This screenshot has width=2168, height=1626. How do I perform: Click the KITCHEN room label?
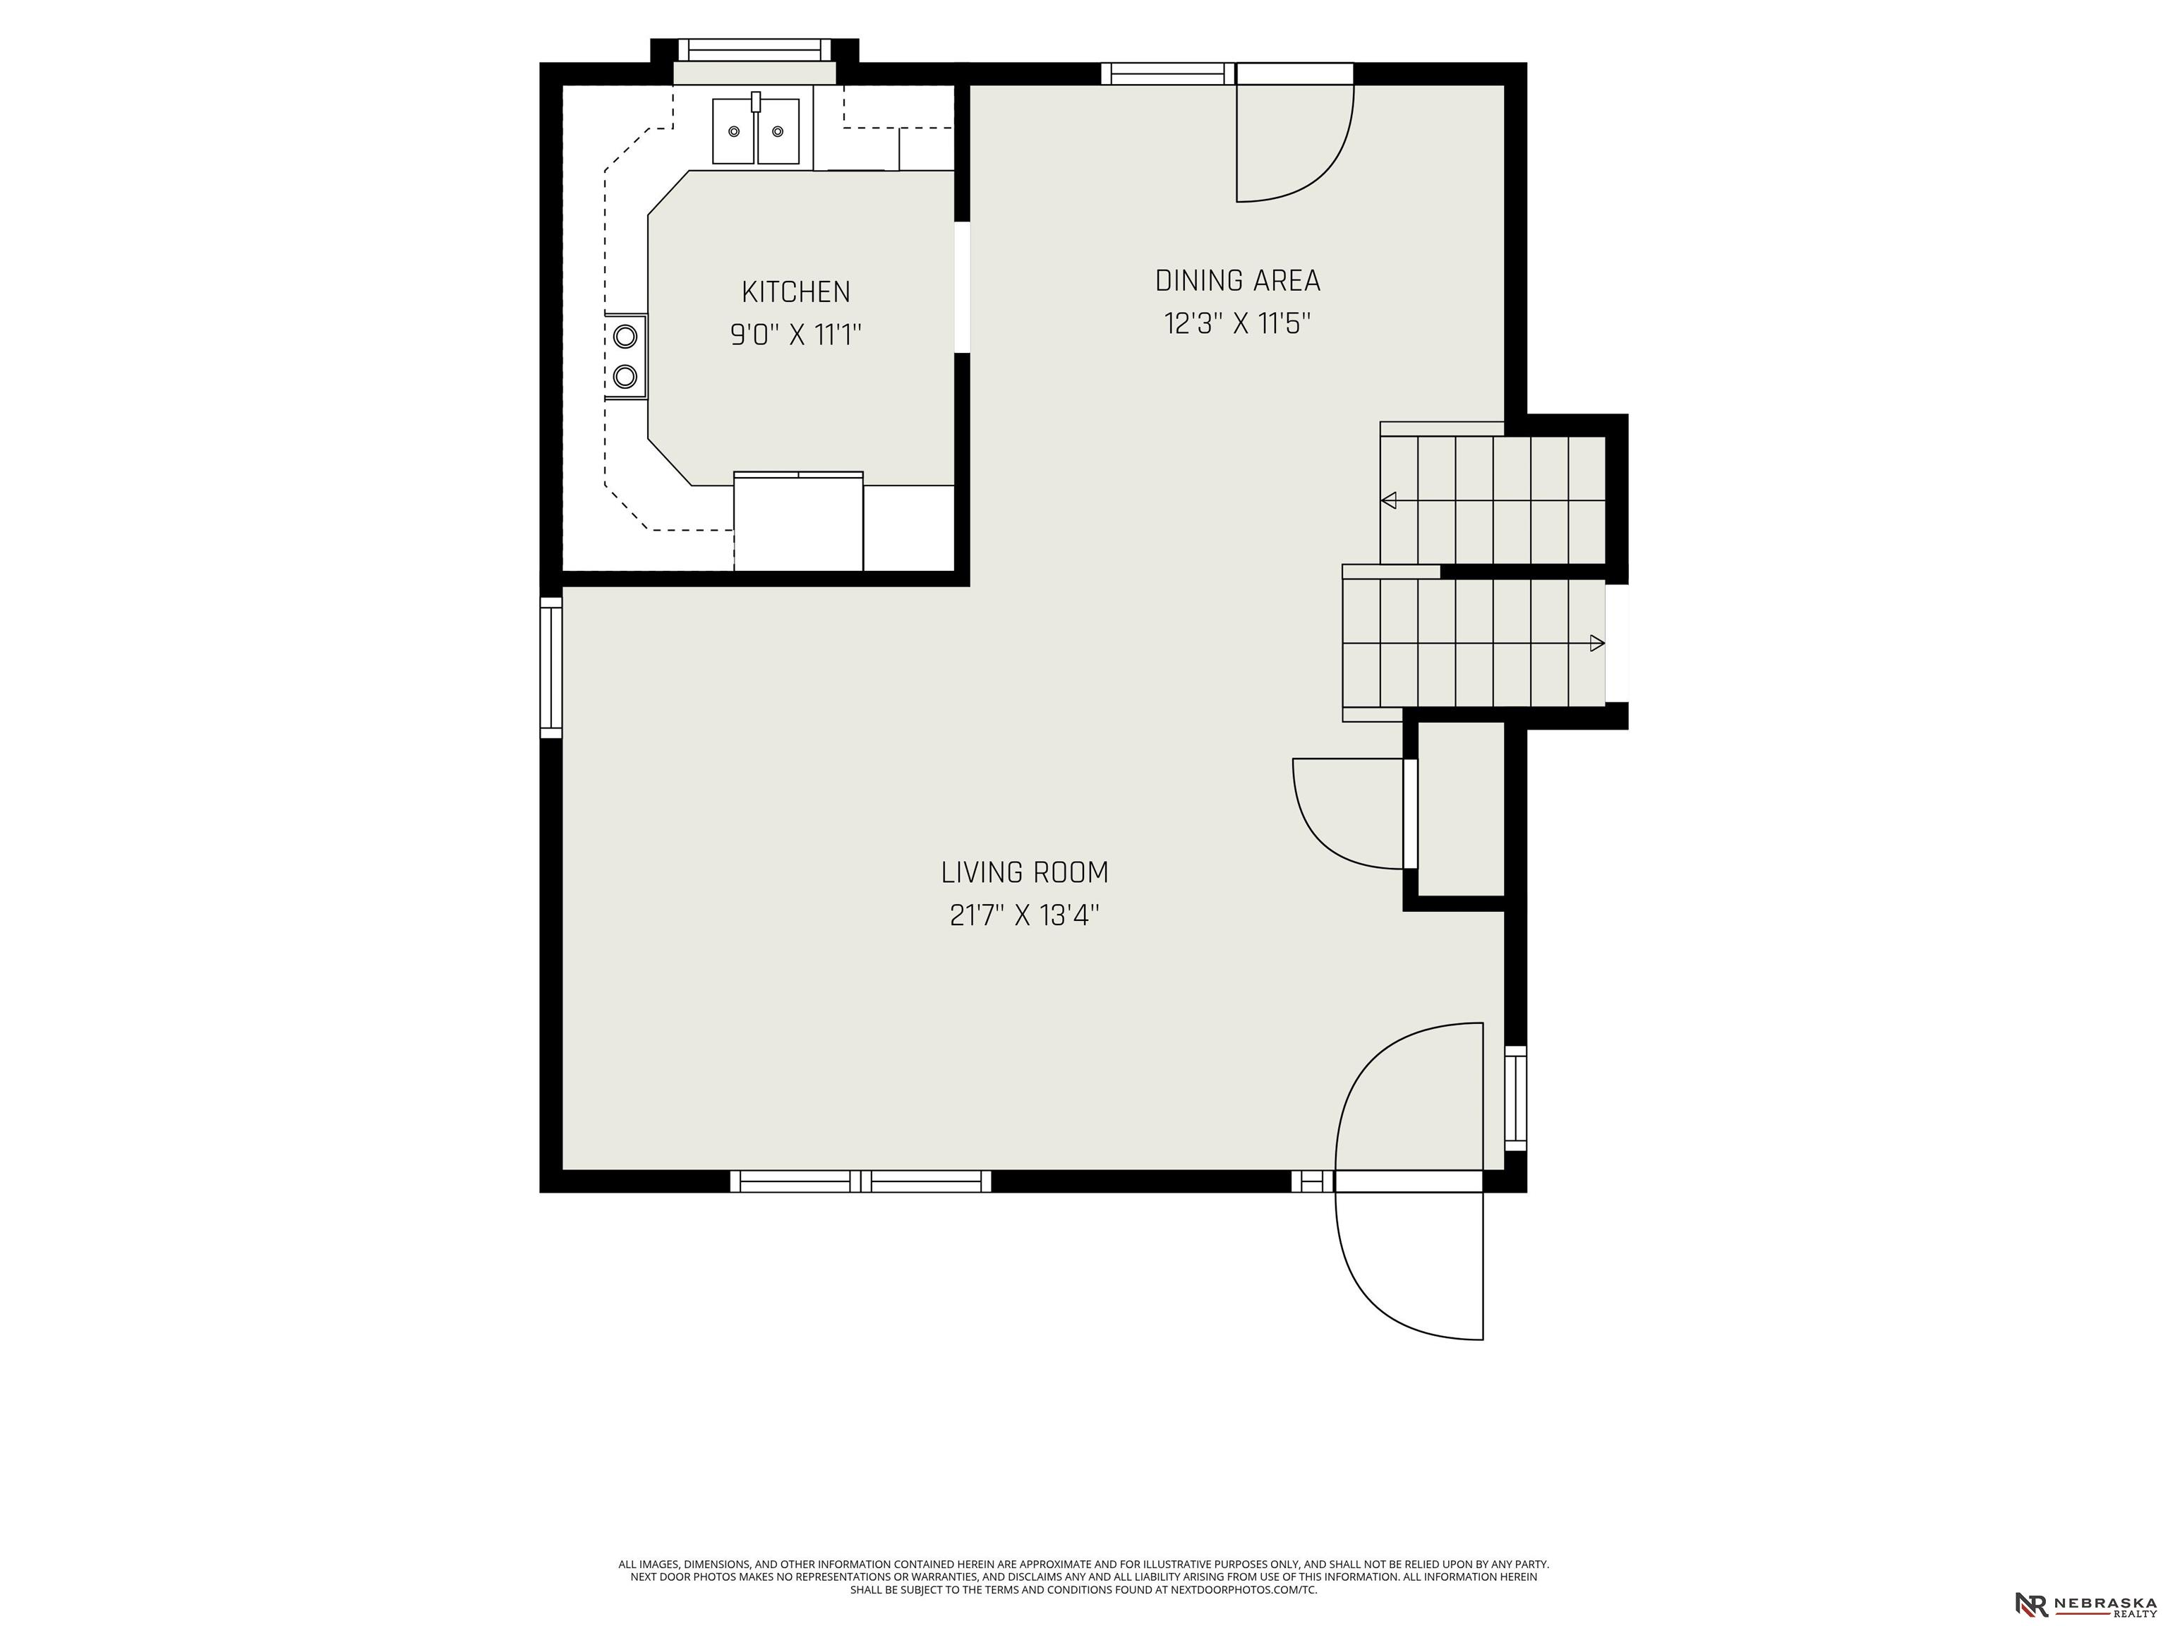point(795,292)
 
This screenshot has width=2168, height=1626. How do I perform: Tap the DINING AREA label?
point(1237,282)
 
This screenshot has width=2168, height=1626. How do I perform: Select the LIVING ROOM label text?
point(1024,872)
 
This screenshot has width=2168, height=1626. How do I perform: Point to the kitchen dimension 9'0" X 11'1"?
point(795,335)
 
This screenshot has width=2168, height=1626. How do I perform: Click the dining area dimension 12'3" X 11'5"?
point(1237,323)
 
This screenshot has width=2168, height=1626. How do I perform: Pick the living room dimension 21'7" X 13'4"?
point(1024,915)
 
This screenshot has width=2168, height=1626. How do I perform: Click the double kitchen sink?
point(756,131)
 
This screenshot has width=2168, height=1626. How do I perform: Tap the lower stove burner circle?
point(625,375)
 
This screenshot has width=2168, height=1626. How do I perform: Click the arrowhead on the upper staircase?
point(1388,501)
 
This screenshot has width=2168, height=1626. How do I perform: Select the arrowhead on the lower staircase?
point(1596,643)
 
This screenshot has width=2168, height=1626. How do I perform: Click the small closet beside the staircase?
point(1460,809)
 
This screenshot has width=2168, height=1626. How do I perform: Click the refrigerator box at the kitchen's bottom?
point(797,522)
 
